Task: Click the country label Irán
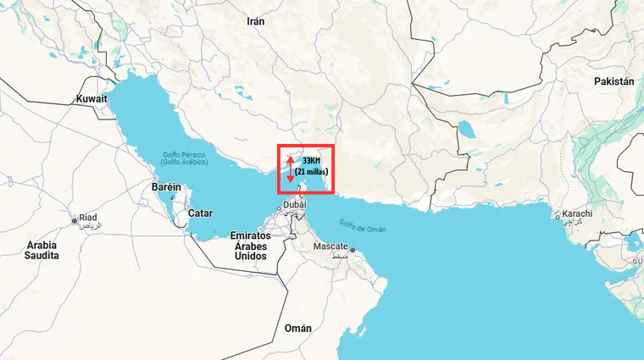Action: (255, 21)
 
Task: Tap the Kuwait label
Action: (92, 98)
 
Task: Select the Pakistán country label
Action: (614, 81)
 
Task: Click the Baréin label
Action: (167, 186)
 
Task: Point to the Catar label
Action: (201, 213)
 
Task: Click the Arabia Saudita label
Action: (42, 250)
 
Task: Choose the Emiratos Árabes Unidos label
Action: (251, 245)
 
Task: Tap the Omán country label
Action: (297, 328)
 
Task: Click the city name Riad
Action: (88, 218)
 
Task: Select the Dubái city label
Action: (294, 205)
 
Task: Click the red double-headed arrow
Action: (290, 169)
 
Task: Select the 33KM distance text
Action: (311, 161)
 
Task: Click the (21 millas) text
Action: (311, 172)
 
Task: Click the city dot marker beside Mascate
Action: (352, 250)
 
